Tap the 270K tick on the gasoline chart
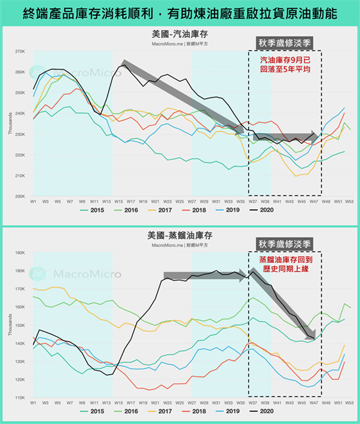click(20, 51)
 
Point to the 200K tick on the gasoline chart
click(20, 196)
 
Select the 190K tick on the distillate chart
click(20, 253)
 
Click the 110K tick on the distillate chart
click(20, 398)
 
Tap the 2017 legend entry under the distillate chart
click(161, 411)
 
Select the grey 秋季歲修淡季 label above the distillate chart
click(285, 244)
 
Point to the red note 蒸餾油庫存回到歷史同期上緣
click(285, 264)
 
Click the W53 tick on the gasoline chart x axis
click(349, 200)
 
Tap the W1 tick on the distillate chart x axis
click(33, 402)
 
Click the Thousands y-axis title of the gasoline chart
click(10, 124)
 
